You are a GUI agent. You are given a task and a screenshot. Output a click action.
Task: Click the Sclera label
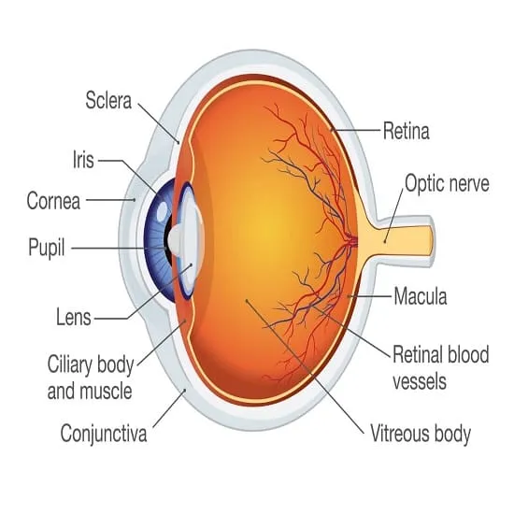[108, 100]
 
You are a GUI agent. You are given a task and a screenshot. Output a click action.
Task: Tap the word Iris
[83, 160]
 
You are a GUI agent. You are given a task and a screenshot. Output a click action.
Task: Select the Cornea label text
[53, 201]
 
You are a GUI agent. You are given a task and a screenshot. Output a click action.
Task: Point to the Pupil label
[47, 249]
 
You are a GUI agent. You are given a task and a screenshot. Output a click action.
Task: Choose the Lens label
[74, 317]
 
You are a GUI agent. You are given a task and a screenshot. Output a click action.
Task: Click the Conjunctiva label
[104, 434]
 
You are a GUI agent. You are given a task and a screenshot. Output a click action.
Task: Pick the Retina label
[407, 131]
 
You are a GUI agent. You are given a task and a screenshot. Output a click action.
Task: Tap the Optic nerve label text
[447, 183]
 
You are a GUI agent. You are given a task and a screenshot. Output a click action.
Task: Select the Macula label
[421, 296]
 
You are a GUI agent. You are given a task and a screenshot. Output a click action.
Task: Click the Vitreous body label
[421, 434]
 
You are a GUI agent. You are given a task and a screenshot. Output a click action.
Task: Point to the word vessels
[420, 382]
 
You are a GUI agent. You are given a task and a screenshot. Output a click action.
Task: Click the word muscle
[106, 391]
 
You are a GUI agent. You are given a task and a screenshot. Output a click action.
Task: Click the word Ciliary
[73, 365]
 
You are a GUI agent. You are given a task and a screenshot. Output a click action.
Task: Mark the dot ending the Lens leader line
[191, 264]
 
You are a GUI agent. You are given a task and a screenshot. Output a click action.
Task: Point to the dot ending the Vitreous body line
[247, 300]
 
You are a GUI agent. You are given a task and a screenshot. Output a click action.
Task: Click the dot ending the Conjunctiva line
[184, 390]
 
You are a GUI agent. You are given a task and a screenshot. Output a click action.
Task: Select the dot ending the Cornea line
[134, 199]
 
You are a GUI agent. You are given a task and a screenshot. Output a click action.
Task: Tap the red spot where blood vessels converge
[353, 242]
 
